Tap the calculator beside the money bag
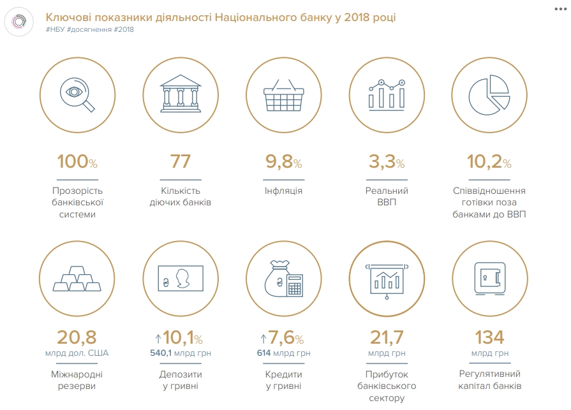click(x=293, y=285)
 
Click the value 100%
click(x=77, y=162)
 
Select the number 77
click(x=181, y=162)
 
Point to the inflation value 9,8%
click(x=283, y=162)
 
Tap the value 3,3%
click(x=387, y=162)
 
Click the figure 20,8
click(x=77, y=337)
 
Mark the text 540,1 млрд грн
click(x=181, y=353)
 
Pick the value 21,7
click(x=387, y=337)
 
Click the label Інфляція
click(x=283, y=191)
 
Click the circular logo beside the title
click(x=20, y=22)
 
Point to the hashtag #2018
click(x=124, y=30)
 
